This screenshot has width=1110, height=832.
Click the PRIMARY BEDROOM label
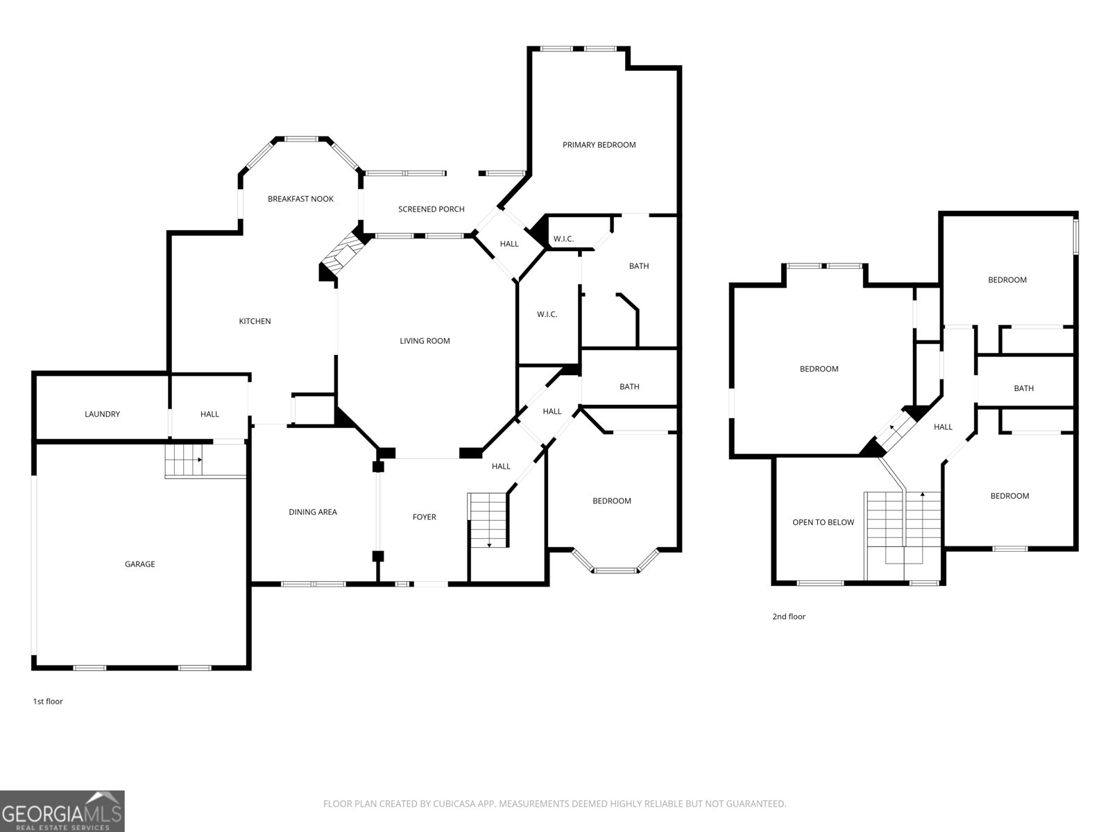pyautogui.click(x=599, y=145)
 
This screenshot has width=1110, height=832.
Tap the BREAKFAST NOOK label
pyautogui.click(x=300, y=199)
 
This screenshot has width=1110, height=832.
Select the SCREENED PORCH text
pyautogui.click(x=431, y=209)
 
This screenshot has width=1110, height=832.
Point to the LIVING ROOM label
pyautogui.click(x=425, y=341)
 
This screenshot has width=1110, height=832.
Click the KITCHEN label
pyautogui.click(x=255, y=322)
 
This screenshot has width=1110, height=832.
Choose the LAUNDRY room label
pyautogui.click(x=102, y=415)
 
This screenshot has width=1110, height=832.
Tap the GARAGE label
pyautogui.click(x=139, y=564)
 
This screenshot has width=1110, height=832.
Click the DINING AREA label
pyautogui.click(x=313, y=512)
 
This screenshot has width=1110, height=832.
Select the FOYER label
pyautogui.click(x=424, y=517)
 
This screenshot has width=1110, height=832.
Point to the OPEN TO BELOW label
pyautogui.click(x=823, y=523)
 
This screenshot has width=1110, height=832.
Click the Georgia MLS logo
pyautogui.click(x=62, y=811)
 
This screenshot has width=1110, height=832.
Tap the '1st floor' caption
pyautogui.click(x=48, y=702)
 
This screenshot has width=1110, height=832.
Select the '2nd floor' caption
pyautogui.click(x=789, y=616)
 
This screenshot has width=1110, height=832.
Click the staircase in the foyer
pyautogui.click(x=488, y=520)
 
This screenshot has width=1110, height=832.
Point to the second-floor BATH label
pyautogui.click(x=1023, y=388)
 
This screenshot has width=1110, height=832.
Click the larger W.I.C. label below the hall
pyautogui.click(x=547, y=315)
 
